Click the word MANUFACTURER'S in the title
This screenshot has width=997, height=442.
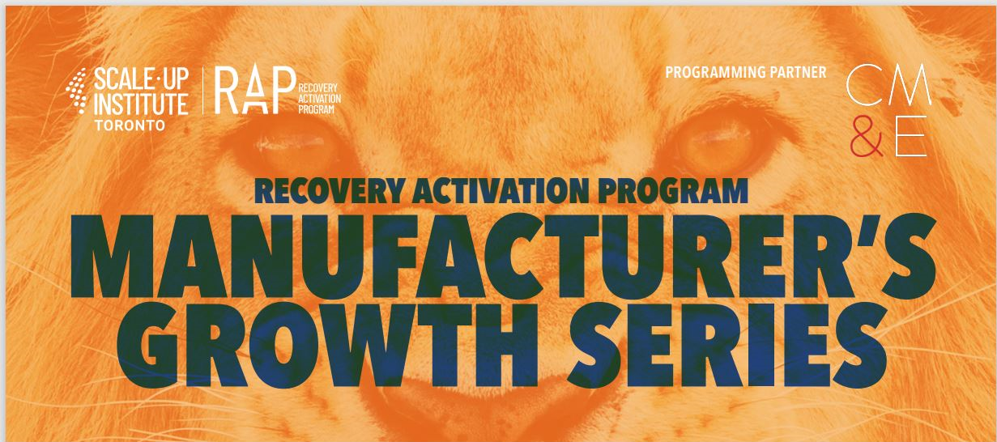point(502,256)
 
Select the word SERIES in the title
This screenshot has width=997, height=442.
point(728,345)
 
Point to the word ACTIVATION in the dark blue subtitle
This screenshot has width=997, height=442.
point(501,191)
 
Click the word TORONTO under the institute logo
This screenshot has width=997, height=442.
point(130,125)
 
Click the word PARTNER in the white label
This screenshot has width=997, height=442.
point(798,73)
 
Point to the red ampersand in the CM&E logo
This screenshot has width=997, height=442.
point(866,136)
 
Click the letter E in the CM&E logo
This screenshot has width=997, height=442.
point(911,136)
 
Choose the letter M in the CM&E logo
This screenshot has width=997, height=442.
point(910,84)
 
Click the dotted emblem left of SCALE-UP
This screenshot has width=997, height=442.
point(77,91)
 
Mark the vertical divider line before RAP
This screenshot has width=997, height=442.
point(203,91)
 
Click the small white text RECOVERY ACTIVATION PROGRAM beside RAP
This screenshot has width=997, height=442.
point(319,98)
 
